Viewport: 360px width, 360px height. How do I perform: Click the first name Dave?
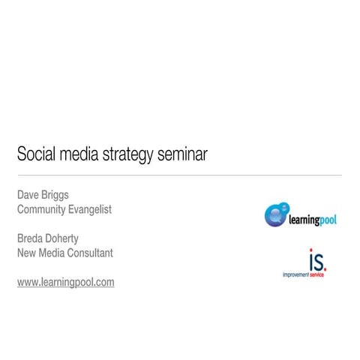tap(29, 195)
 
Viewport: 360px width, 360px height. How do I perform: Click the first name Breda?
tap(31, 238)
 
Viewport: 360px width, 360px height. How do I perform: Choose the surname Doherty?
tap(71, 239)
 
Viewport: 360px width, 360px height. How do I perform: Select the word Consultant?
tap(93, 253)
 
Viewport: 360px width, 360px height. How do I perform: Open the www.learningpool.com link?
tap(65, 283)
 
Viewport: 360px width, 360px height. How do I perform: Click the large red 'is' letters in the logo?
tap(317, 261)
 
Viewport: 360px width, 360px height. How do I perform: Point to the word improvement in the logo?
tap(296, 275)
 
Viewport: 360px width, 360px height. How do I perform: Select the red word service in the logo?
tap(319, 275)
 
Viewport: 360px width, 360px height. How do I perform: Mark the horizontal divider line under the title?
tap(180, 175)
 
